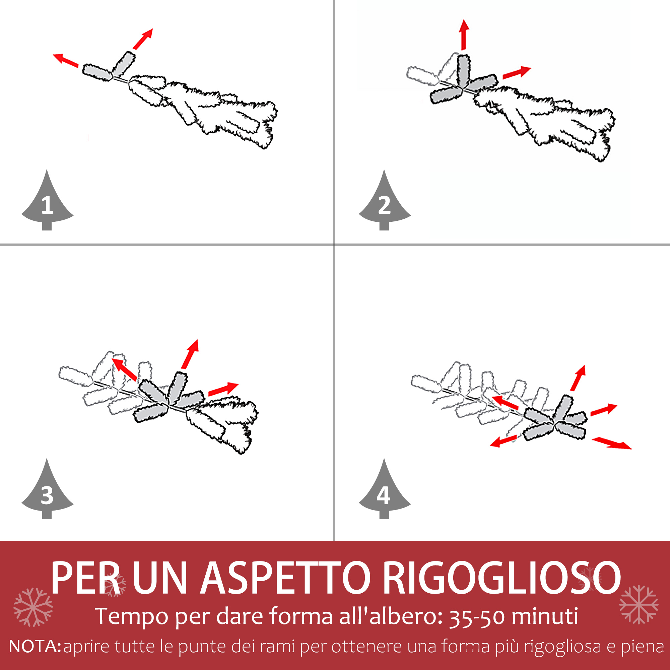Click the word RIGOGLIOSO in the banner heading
501,578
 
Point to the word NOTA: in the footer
35,647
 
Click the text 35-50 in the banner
477,617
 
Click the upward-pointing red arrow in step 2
464,35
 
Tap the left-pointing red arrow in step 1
66,60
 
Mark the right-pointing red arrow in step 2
517,72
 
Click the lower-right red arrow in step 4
612,443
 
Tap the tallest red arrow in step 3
190,354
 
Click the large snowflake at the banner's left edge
33,607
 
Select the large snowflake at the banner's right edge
639,604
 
